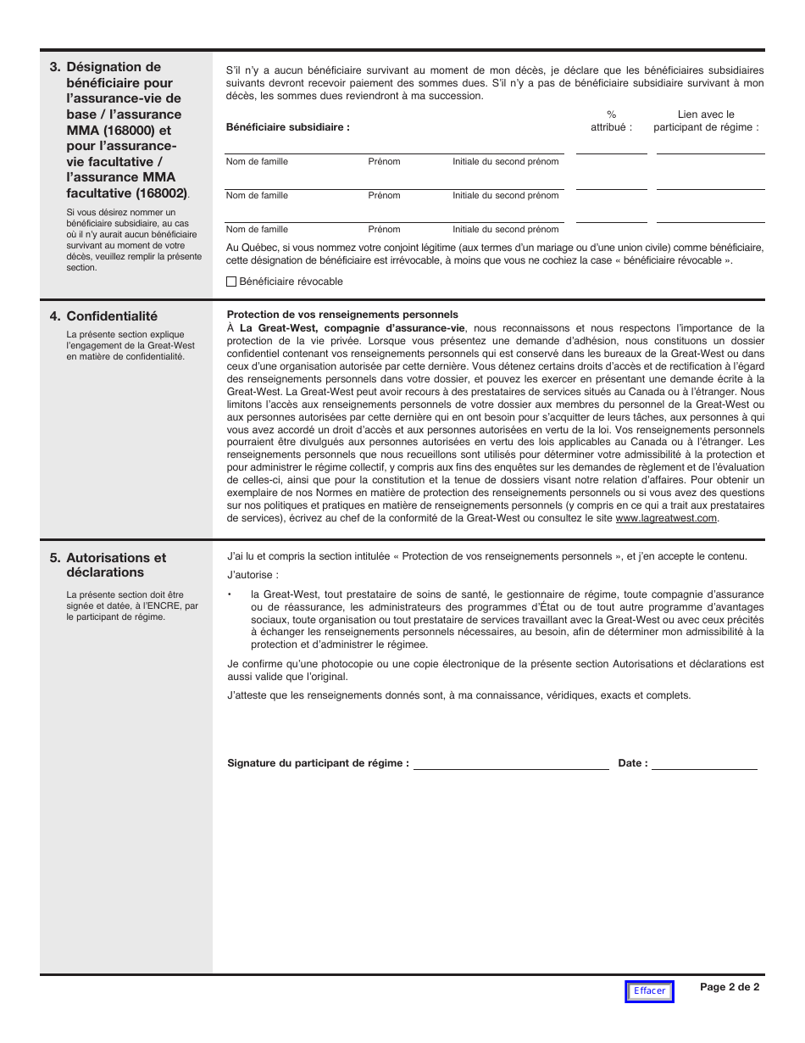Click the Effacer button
pos(649,991)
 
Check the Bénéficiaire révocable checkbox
pos(232,282)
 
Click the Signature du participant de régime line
pos(510,763)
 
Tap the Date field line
pos(704,763)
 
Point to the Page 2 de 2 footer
pos(730,986)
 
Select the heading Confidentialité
pos(112,316)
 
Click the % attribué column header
pos(611,120)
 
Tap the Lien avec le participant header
pos(707,120)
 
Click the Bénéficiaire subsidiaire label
pos(288,127)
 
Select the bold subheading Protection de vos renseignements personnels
pos(342,315)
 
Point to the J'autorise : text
pos(253,575)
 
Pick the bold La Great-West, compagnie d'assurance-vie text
pos(353,327)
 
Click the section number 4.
pos(54,316)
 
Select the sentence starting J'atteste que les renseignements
pos(459,695)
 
